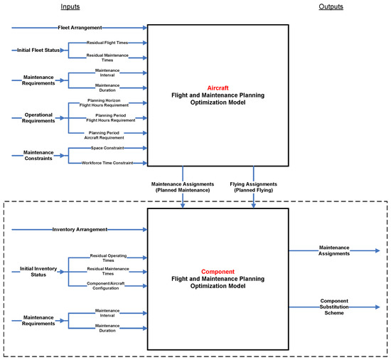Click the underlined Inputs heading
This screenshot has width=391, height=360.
(70, 7)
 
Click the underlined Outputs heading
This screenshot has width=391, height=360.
(331, 7)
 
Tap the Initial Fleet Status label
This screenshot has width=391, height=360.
(37, 50)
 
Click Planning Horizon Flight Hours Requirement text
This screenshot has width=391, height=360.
(108, 103)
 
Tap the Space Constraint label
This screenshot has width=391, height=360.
(108, 148)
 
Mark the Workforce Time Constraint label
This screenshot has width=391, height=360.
(108, 163)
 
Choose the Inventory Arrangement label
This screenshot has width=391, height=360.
(78, 229)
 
